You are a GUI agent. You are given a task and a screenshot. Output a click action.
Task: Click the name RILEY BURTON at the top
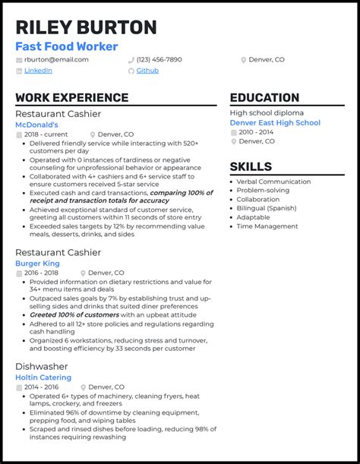[86, 27]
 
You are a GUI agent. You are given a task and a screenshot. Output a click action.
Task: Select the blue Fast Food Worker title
[67, 47]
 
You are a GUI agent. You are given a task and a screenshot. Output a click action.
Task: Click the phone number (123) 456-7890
[159, 59]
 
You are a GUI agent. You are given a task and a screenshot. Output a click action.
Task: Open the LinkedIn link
[38, 71]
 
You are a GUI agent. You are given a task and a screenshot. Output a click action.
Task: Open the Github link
[147, 71]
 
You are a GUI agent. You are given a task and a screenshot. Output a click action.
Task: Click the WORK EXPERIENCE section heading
[71, 98]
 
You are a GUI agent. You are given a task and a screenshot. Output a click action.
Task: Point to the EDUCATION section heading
[264, 98]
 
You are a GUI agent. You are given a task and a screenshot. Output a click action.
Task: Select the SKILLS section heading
[251, 167]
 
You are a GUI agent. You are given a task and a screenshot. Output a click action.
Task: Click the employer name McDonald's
[42, 124]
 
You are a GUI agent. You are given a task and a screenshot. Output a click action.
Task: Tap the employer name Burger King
[37, 264]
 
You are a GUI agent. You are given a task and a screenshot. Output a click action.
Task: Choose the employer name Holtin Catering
[43, 377]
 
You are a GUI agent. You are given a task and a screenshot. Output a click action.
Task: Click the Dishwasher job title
[41, 365]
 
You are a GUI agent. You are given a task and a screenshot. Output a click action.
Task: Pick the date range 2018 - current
[46, 134]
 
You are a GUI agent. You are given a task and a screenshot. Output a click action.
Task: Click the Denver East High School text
[275, 123]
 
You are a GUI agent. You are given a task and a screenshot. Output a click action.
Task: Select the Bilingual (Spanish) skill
[266, 208]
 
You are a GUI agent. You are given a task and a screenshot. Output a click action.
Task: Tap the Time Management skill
[267, 226]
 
